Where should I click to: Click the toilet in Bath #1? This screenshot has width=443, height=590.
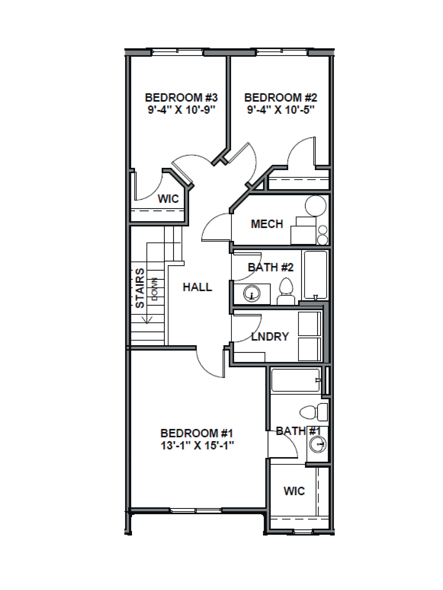point(314,412)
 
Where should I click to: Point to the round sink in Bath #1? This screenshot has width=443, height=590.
point(318,444)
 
